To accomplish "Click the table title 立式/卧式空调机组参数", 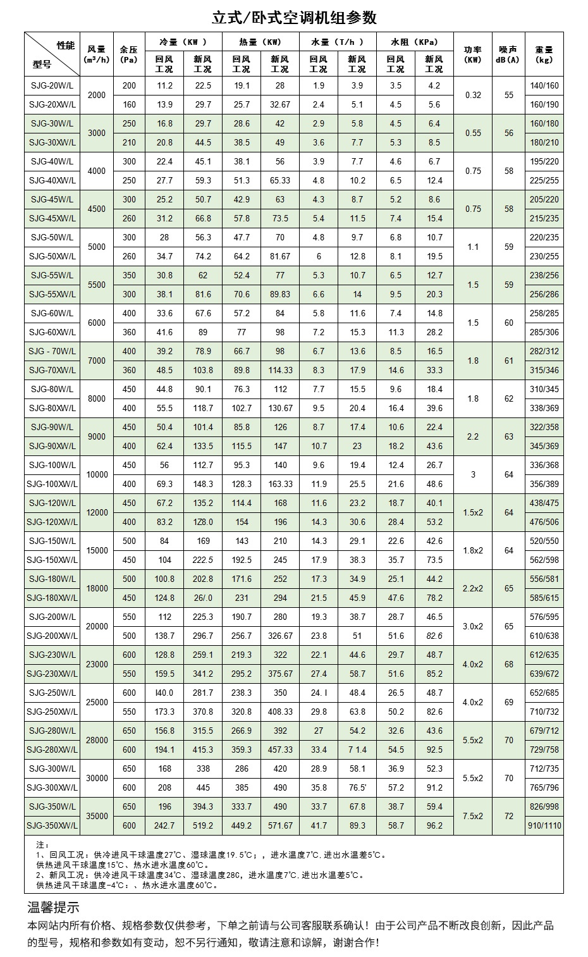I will (294, 17).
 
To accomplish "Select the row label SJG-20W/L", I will (52, 85).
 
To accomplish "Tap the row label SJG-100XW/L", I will (52, 484).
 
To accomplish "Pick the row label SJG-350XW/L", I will (52, 825).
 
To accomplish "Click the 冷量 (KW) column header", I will (183, 42).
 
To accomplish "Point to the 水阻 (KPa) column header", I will (415, 42).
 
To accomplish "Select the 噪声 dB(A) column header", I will (508, 54).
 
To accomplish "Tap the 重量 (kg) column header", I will (544, 54).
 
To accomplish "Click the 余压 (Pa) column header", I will (129, 54).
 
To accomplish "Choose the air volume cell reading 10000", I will (97, 474).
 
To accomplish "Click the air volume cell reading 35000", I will (97, 816).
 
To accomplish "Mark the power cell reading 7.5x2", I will (473, 816).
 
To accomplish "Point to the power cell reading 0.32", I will (473, 95).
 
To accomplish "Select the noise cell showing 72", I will (508, 816).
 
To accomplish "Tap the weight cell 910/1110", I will (544, 825).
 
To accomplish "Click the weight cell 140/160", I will (544, 85).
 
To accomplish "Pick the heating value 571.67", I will (280, 825).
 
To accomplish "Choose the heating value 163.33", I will (280, 484).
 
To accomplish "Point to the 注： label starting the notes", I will (42, 844).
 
